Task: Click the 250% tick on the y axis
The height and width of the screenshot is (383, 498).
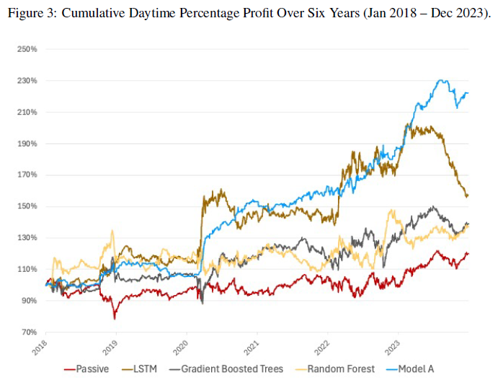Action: (27, 49)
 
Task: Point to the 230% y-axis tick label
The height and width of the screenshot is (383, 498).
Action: (27, 81)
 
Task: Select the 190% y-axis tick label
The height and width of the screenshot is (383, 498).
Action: (27, 144)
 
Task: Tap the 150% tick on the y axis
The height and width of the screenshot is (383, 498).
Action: (27, 206)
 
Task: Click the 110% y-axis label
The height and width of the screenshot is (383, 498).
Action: (27, 269)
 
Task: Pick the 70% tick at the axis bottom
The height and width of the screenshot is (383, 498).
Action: (28, 332)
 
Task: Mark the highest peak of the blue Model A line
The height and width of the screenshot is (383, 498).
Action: (442, 80)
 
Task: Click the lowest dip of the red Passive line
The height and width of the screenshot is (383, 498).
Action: (114, 318)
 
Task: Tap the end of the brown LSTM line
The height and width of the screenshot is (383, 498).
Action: (467, 195)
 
